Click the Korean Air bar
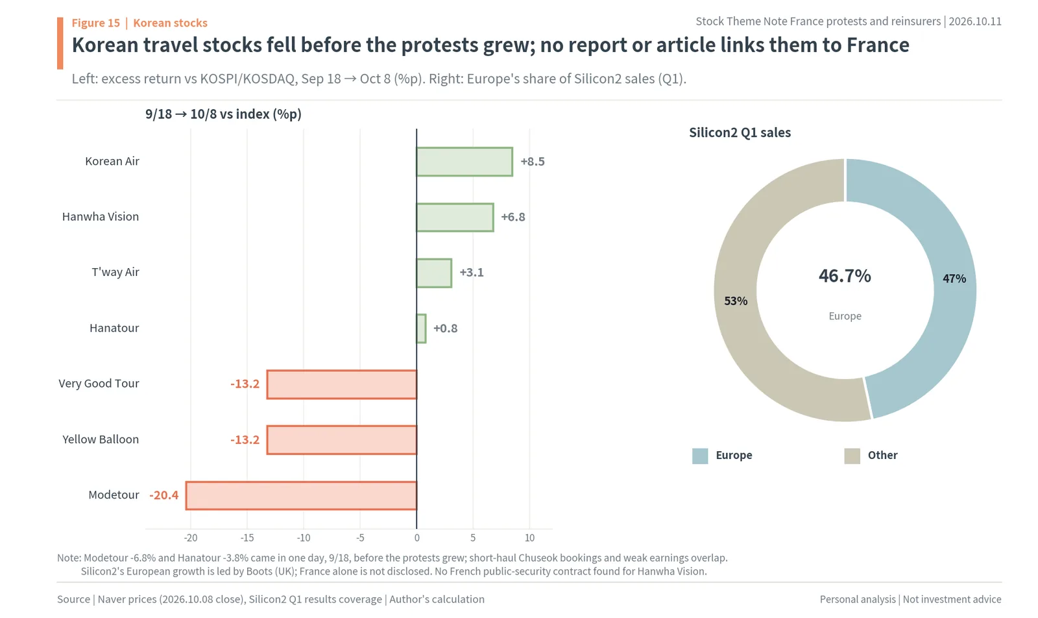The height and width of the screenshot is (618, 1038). (x=465, y=162)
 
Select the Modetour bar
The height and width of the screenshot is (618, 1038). (x=301, y=495)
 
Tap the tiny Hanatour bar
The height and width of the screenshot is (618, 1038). (x=421, y=328)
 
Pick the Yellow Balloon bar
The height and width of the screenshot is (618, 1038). (x=341, y=440)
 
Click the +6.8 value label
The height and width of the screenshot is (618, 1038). (x=513, y=217)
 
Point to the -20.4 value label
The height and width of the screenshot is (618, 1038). (x=163, y=495)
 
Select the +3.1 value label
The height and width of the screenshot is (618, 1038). (x=471, y=272)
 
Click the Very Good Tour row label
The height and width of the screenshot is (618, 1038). (x=99, y=384)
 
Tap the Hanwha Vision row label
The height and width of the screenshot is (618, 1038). (x=101, y=217)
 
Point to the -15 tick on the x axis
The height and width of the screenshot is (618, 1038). (x=247, y=538)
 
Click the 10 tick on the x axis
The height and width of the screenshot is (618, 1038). (x=529, y=538)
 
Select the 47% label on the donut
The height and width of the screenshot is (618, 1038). (x=954, y=278)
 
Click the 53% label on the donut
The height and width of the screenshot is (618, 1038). (x=736, y=301)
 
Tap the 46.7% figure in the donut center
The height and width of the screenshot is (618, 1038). (x=845, y=276)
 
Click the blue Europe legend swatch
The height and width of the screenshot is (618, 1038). (x=700, y=456)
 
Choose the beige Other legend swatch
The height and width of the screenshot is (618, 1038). (x=852, y=456)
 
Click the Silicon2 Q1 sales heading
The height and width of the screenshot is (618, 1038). (x=740, y=132)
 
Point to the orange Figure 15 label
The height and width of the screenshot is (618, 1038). (x=95, y=23)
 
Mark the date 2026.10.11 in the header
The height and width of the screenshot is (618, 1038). (x=975, y=21)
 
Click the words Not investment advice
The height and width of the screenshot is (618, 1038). (x=952, y=599)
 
